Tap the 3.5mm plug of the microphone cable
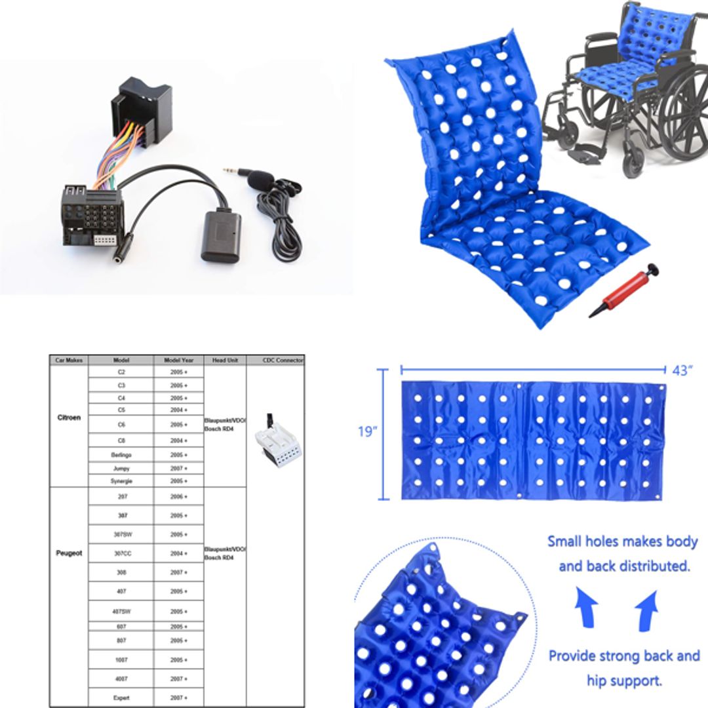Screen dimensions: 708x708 [231, 171]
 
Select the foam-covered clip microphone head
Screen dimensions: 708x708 [262, 178]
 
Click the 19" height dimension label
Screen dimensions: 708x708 [368, 431]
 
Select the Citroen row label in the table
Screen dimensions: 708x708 [69, 418]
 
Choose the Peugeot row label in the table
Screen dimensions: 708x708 [69, 553]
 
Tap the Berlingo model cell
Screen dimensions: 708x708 [121, 454]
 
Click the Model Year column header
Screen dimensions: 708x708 [179, 360]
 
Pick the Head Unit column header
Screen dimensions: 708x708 [225, 360]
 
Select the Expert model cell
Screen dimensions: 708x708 [121, 698]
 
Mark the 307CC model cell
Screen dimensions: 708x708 [121, 553]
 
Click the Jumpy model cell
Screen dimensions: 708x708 [121, 469]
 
